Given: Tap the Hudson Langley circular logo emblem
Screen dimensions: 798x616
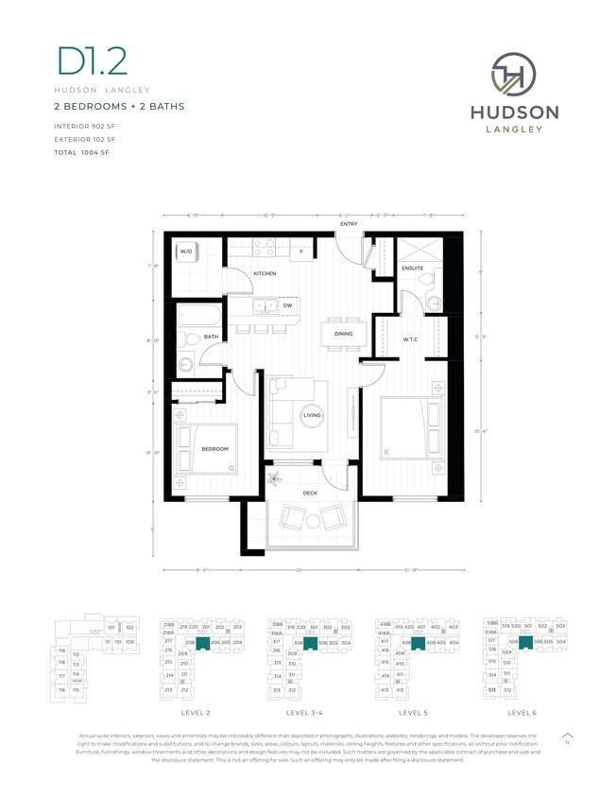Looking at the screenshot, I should (514, 74).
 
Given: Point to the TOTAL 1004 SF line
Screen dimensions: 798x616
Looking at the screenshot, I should (83, 151).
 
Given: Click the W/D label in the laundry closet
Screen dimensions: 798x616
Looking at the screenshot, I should (187, 252).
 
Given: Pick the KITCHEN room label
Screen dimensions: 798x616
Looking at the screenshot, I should (265, 273).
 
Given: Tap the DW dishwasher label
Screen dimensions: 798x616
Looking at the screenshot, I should (287, 305).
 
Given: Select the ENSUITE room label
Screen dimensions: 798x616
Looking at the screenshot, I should (412, 269).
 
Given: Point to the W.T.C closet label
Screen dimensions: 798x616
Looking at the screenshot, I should (410, 339).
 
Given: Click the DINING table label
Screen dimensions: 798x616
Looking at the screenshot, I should (344, 333).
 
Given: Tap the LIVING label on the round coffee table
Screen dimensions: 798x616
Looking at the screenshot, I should (312, 415).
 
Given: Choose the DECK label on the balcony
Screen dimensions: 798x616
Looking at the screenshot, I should (309, 493).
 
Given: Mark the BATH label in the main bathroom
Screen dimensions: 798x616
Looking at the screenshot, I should (211, 337).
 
